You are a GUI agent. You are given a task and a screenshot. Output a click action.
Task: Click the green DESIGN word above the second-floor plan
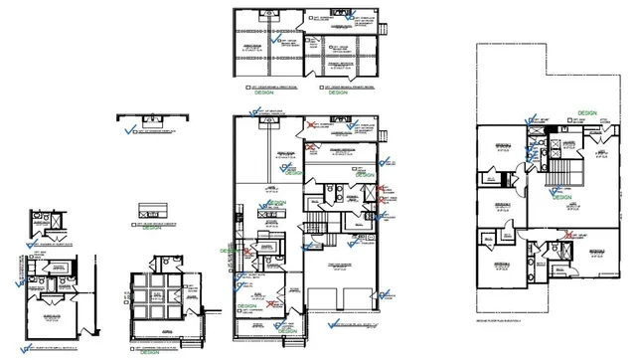click(x=586, y=113)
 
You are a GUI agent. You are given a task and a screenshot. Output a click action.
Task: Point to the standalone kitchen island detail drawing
click(x=151, y=211)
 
